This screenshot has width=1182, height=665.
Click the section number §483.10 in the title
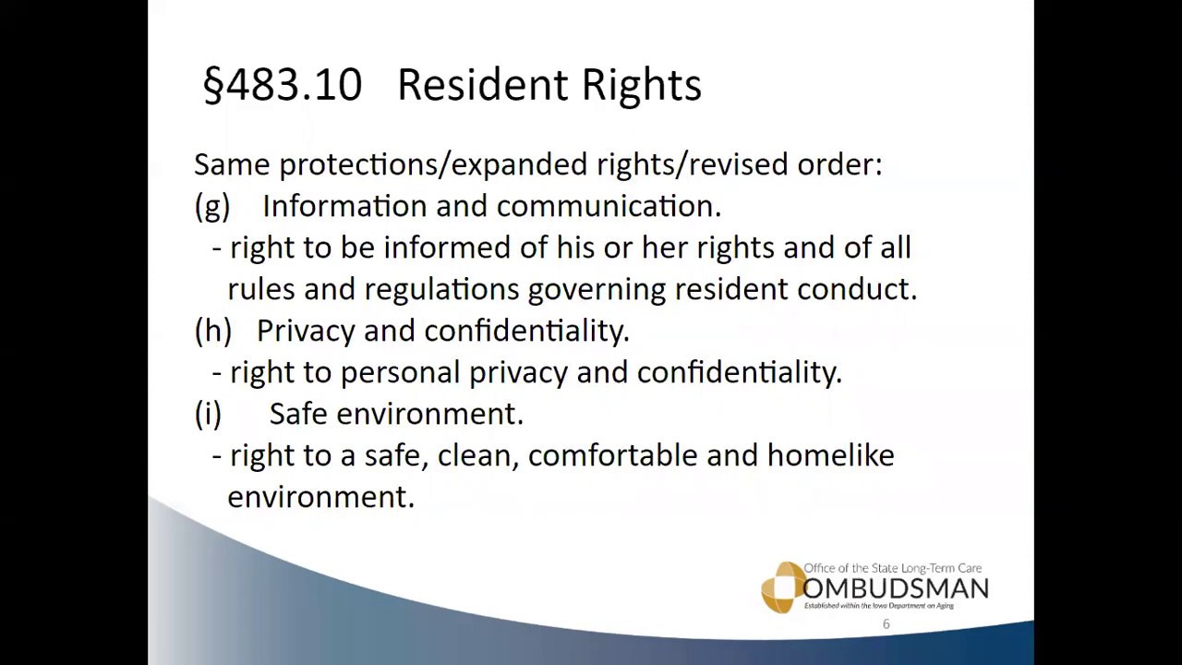[283, 85]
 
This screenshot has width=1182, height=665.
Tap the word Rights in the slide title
[641, 85]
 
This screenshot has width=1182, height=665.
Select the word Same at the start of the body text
[232, 164]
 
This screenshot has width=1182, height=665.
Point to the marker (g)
[211, 206]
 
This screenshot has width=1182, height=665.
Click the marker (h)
[212, 331]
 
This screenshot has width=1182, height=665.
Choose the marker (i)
[208, 414]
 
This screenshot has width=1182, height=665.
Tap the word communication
[608, 206]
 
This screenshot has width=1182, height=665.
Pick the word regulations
[441, 289]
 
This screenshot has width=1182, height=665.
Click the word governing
[597, 290]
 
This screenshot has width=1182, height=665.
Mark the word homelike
[830, 455]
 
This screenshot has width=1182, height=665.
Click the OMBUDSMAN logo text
[895, 588]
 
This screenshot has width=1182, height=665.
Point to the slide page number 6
[886, 624]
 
